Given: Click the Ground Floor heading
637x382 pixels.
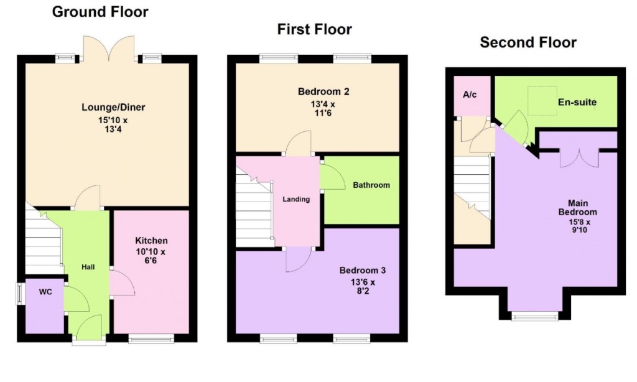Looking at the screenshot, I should coord(100,12).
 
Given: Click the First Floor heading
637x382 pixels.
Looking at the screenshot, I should coord(314,29).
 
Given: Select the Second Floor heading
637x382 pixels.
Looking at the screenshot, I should coord(528,42).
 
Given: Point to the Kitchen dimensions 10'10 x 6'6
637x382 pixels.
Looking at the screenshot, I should coord(152,257).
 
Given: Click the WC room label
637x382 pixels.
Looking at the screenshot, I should coord(45,291).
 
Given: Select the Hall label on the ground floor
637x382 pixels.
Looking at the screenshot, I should coord(88,267).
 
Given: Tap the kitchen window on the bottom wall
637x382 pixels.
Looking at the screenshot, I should coord(151,339).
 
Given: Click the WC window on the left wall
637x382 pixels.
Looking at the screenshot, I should coord(20,294).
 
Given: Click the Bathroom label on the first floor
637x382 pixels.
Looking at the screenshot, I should coord(371,185).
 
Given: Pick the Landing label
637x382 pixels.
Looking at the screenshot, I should coord(295,200).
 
